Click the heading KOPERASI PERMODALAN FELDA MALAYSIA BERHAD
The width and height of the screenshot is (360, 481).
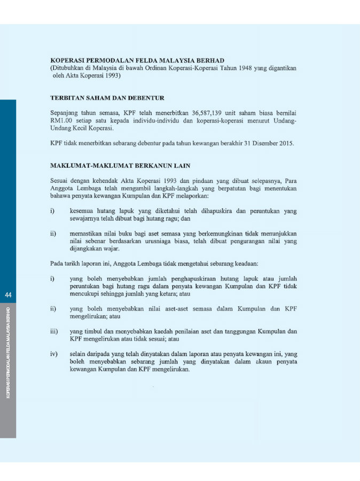(137, 61)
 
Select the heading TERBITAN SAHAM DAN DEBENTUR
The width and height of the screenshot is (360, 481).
(107, 98)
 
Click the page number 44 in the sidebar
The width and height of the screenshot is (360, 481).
(8, 295)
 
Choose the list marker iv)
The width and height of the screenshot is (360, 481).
(54, 354)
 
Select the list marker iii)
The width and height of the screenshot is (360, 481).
(54, 331)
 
